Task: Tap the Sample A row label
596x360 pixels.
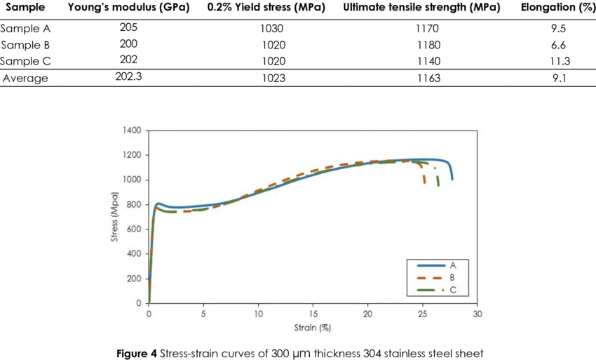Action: tap(25, 29)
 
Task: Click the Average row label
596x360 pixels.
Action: tap(25, 78)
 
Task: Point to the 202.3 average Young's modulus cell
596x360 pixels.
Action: tap(129, 78)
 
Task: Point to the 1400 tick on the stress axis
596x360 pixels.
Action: tap(133, 131)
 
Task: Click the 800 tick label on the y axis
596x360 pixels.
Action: tap(135, 205)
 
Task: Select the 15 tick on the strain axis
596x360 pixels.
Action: tap(313, 314)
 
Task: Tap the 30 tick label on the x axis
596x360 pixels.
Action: tap(477, 314)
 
